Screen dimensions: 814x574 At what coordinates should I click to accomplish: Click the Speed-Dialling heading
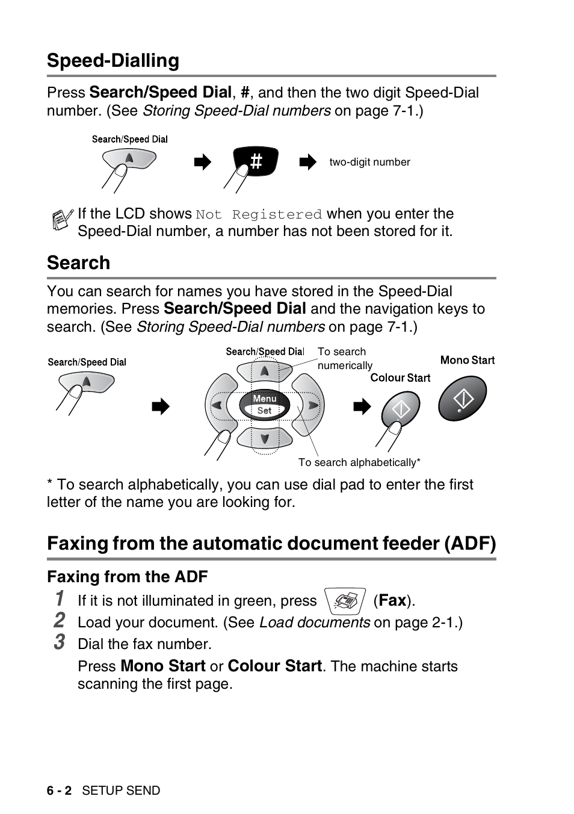pyautogui.click(x=113, y=61)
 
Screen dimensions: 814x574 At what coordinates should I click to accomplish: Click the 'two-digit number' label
pyautogui.click(x=369, y=162)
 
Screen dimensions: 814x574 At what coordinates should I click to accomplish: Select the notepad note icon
pyautogui.click(x=60, y=220)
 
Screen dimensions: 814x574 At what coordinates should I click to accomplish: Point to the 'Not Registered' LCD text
pyautogui.click(x=259, y=214)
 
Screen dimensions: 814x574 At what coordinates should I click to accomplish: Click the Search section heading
pyautogui.click(x=79, y=263)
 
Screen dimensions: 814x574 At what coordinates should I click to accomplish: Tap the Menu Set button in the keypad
pyautogui.click(x=265, y=405)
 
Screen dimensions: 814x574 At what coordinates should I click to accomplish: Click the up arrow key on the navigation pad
pyautogui.click(x=265, y=371)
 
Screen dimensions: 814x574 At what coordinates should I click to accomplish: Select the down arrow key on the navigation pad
pyautogui.click(x=265, y=438)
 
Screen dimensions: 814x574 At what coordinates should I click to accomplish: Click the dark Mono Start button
pyautogui.click(x=462, y=399)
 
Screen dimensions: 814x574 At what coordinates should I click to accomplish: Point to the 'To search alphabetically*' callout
pyautogui.click(x=359, y=462)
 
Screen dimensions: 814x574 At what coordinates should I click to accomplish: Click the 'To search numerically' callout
pyautogui.click(x=344, y=359)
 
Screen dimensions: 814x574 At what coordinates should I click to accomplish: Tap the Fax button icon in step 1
pyautogui.click(x=345, y=601)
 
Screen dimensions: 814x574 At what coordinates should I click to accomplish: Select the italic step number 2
pyautogui.click(x=59, y=620)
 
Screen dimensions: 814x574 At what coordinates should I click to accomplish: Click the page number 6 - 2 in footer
pyautogui.click(x=59, y=791)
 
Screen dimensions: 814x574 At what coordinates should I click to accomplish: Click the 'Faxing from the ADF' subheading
pyautogui.click(x=128, y=577)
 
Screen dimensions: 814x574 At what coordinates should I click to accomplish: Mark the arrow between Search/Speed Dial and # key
pyautogui.click(x=203, y=162)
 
